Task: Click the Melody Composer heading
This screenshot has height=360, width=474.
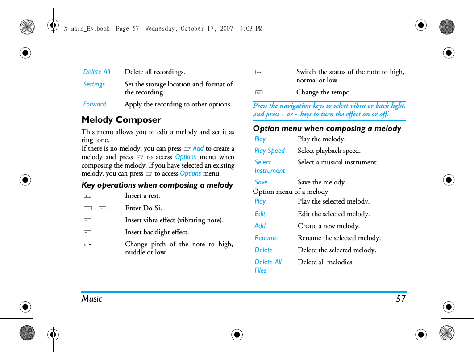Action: coord(121,119)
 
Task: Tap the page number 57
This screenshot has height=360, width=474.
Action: coord(401,299)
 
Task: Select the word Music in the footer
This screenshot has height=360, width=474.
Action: coord(92,299)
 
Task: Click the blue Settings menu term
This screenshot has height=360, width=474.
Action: coord(94,84)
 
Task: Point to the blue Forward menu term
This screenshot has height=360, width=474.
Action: coord(95,104)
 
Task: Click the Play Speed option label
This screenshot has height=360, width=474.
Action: coord(270,151)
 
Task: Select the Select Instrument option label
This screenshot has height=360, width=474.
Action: coord(270,167)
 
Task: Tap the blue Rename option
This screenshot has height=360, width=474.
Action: coord(266,238)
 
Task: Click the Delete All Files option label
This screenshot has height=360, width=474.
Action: coord(268,266)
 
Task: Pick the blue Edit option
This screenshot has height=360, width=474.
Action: coord(260,214)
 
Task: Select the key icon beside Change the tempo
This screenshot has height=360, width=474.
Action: coord(259,93)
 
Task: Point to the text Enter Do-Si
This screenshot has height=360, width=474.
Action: coord(143,208)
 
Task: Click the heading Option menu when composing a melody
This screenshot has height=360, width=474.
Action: coord(327,128)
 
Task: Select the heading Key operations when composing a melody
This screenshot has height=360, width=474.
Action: coord(157,185)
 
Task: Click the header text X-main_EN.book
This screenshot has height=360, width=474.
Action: coord(87,29)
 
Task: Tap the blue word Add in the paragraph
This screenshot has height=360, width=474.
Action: coord(198,148)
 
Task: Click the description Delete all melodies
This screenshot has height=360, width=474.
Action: coord(326,262)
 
